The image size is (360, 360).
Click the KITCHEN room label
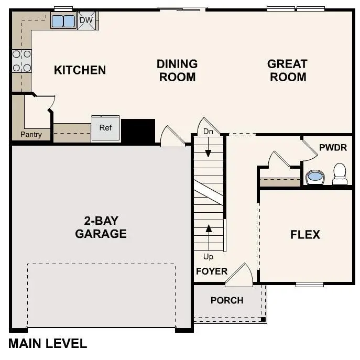click(80, 70)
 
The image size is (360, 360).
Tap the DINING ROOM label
click(177, 70)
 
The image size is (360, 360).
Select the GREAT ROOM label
click(287, 70)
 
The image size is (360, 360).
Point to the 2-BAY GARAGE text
click(101, 227)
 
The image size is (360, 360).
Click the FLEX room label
click(305, 234)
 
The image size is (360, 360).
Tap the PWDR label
click(333, 147)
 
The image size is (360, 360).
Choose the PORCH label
click(227, 300)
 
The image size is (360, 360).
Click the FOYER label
click(212, 271)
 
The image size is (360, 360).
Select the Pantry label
click(31, 135)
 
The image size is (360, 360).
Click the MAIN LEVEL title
click(48, 344)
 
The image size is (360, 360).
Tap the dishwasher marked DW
click(86, 21)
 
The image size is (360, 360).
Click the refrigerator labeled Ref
click(105, 128)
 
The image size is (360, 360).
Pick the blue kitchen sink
click(63, 21)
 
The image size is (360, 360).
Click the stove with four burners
click(21, 60)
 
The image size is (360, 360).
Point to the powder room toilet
click(340, 173)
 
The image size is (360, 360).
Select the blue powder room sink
click(314, 177)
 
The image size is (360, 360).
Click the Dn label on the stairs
click(208, 132)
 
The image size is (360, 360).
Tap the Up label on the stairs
click(208, 257)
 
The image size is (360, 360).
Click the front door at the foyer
click(239, 276)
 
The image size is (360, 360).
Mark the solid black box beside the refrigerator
click(138, 130)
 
